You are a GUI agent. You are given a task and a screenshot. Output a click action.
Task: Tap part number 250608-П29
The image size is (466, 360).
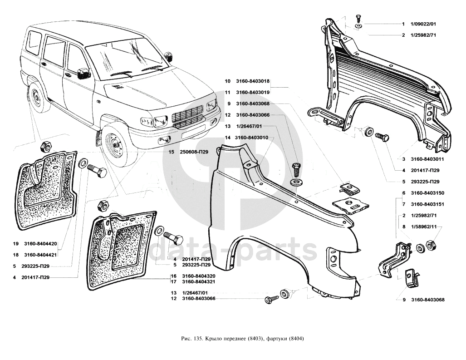194,152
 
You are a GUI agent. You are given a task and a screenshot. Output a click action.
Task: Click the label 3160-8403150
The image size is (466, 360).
427,193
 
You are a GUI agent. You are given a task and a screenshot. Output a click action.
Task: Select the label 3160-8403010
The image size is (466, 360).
252,138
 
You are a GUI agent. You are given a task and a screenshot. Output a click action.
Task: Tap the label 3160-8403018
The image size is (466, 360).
253,81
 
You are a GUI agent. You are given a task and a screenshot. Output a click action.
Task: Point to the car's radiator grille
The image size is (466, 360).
187,116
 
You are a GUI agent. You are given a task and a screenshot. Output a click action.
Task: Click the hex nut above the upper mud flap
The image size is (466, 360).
46,147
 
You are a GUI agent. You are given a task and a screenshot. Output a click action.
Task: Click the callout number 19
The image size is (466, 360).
15,244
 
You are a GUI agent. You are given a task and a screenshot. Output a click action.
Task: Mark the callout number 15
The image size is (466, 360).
171,152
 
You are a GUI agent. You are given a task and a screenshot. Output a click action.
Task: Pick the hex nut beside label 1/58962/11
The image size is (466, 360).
432,247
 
